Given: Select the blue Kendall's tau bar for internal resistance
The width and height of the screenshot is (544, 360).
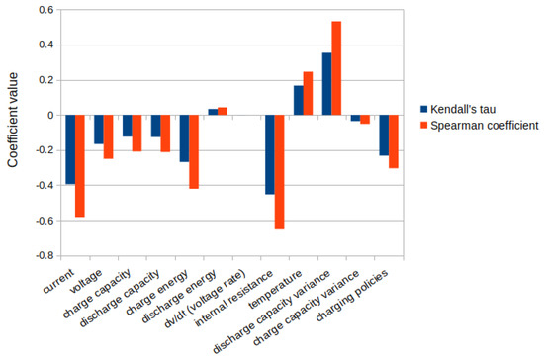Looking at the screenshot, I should coord(271,154).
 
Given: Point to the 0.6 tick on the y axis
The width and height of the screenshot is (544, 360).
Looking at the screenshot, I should coord(44,10).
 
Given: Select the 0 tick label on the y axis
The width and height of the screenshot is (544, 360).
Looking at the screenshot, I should coord(47,115).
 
